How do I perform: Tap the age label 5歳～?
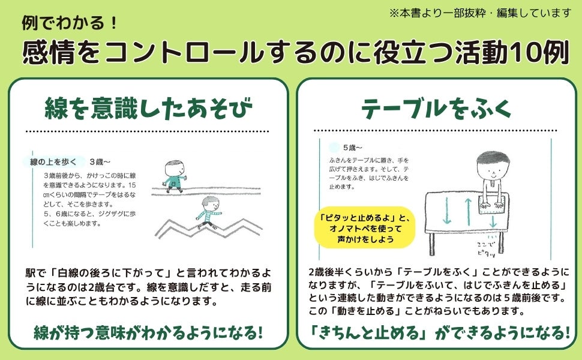pos(353,147)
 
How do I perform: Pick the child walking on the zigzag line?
pos(206,213)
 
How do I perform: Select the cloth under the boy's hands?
pos(493,205)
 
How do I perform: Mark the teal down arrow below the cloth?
pos(493,223)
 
